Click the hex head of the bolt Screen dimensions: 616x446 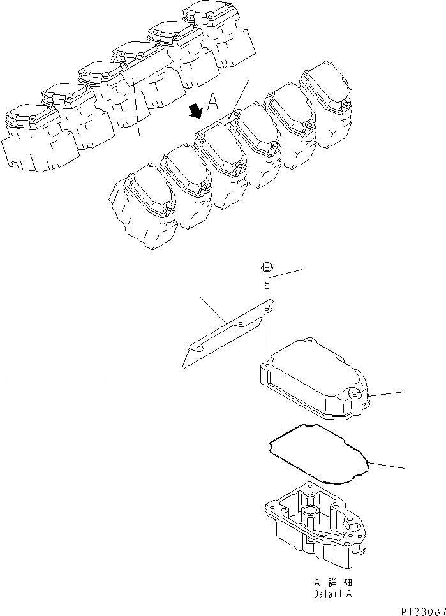click(267, 268)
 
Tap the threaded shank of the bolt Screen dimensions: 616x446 click(267, 282)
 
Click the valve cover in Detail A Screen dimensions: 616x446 click(313, 379)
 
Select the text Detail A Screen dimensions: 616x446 click(331, 593)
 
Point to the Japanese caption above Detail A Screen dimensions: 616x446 click(332, 582)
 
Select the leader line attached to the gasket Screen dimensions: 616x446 click(386, 466)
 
